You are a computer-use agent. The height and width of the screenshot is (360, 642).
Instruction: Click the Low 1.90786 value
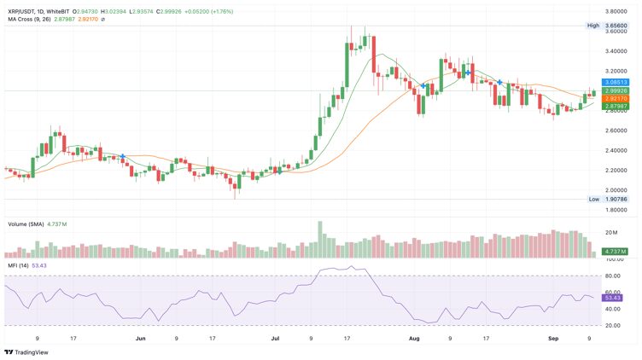(616, 199)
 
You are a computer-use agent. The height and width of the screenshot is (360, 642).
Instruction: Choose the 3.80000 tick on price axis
(616, 12)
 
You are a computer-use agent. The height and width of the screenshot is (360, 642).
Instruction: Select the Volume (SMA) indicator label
(28, 224)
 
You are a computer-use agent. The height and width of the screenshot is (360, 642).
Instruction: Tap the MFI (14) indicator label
(20, 266)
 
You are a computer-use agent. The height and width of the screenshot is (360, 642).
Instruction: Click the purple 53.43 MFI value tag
(612, 298)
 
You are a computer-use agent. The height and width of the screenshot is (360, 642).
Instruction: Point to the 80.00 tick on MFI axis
(612, 276)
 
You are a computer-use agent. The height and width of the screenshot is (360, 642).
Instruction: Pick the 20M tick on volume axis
(610, 232)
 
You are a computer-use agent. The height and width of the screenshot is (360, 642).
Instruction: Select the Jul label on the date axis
(275, 339)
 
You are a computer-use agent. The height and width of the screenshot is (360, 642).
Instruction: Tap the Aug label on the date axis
(414, 339)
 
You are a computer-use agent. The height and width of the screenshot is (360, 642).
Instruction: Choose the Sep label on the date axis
(553, 339)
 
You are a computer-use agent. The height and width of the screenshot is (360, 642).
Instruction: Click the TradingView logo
(26, 351)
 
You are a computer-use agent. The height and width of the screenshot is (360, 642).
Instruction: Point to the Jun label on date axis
(140, 339)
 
